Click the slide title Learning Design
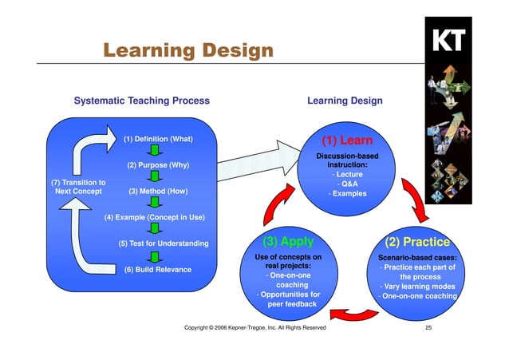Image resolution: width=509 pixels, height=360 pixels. click(x=187, y=51)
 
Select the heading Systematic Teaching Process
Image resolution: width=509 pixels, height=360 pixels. click(x=141, y=101)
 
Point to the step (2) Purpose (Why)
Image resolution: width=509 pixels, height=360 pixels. click(x=158, y=165)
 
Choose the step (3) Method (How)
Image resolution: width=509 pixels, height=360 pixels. click(x=158, y=192)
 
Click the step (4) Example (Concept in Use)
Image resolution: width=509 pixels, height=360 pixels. click(x=155, y=217)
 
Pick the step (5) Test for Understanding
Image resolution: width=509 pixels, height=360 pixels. click(x=163, y=243)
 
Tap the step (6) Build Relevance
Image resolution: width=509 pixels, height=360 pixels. click(x=158, y=269)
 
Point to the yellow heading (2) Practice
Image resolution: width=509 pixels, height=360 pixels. click(x=417, y=242)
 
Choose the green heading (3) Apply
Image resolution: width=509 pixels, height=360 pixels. click(x=288, y=241)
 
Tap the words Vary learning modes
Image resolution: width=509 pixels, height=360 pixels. click(x=418, y=287)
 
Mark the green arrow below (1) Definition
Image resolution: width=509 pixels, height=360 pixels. click(x=157, y=152)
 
